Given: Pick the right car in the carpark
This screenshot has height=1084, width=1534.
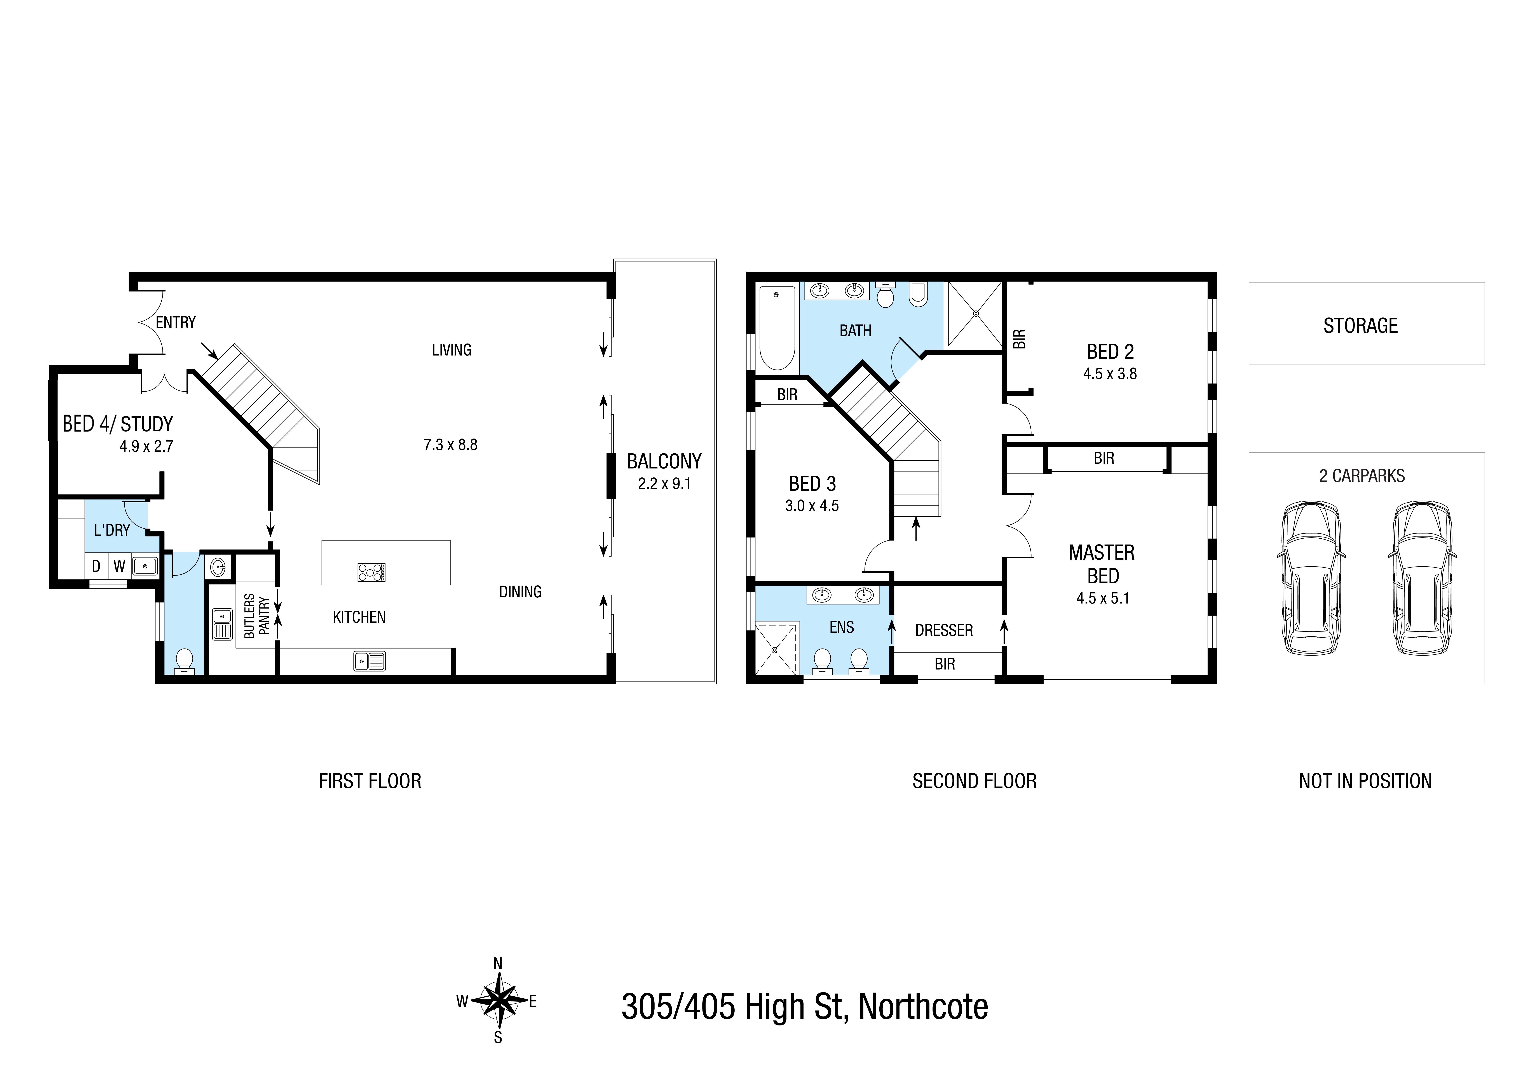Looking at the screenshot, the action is click(1422, 578).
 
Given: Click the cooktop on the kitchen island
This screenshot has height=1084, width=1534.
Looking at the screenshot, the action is click(371, 572).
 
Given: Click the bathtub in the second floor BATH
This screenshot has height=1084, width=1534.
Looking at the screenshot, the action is click(777, 328).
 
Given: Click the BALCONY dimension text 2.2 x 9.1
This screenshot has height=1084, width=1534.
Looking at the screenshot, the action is click(664, 484).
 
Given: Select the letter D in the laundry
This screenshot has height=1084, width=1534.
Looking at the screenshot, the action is click(96, 566).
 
